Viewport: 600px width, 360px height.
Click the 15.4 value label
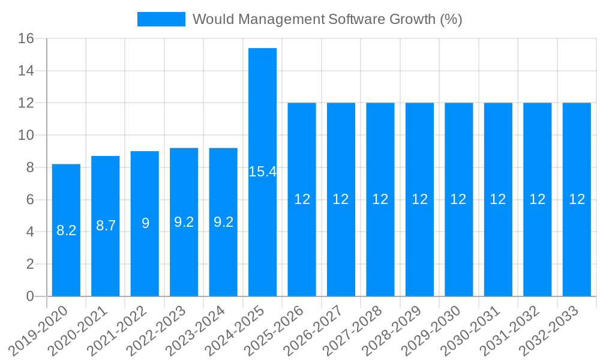(262, 172)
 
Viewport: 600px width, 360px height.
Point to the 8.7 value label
(106, 226)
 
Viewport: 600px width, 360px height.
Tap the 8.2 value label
(66, 230)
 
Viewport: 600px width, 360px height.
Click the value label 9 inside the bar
(145, 223)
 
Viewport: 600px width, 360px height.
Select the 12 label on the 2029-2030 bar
(458, 199)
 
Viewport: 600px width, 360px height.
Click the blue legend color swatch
(161, 19)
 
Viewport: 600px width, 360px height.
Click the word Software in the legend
(352, 19)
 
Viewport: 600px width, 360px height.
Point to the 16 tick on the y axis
(26, 38)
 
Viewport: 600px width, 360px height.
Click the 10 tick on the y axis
(26, 135)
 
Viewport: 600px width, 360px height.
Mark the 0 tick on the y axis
(31, 296)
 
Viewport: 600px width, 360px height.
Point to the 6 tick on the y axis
(31, 200)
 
